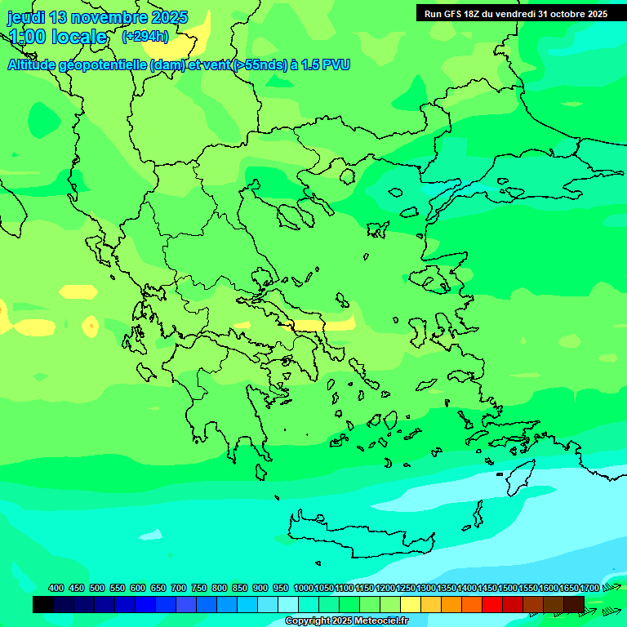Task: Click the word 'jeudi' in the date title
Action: coord(26,17)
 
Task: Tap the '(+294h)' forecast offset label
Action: coord(145,36)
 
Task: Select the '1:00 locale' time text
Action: coord(57,37)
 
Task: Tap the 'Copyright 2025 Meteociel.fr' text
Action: coord(346,621)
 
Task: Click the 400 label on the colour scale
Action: coord(56,588)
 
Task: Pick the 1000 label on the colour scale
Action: coord(304,588)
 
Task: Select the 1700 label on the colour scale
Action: coord(589,588)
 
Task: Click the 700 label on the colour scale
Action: coord(179,588)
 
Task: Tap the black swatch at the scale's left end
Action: coord(43,604)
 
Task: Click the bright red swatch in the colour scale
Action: coord(492,604)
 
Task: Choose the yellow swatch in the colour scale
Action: coord(411,604)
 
